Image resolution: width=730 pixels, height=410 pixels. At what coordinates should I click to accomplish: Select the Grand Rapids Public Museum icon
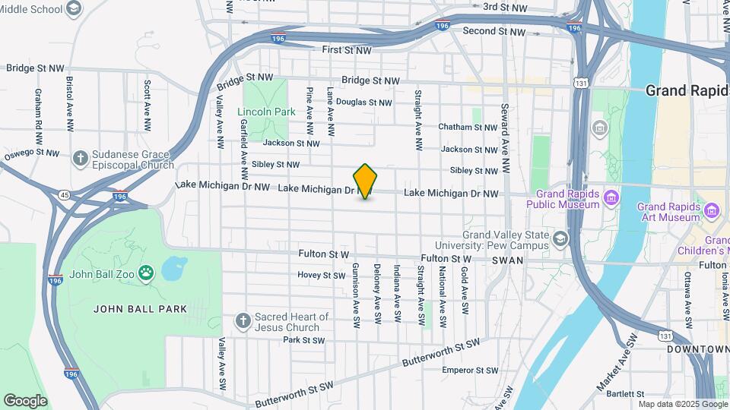tap(611, 199)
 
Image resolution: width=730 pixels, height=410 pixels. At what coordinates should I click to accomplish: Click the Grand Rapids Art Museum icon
tap(712, 210)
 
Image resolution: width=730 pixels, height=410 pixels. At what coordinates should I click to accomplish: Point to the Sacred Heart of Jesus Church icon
tap(243, 321)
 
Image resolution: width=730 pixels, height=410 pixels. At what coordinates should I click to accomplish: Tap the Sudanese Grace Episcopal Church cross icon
tap(80, 159)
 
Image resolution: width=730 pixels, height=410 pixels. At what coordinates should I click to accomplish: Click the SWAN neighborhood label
tap(508, 260)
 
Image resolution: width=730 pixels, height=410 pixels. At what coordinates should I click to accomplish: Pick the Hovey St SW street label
tap(321, 275)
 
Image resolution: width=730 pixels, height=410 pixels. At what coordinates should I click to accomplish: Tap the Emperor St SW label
tap(471, 371)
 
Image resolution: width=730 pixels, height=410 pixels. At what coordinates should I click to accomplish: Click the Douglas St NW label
tap(364, 102)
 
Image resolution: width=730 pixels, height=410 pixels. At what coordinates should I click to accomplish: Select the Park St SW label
tap(303, 339)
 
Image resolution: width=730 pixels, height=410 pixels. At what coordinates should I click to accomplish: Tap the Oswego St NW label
tap(31, 153)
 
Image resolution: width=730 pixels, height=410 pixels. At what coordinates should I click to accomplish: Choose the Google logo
tap(25, 401)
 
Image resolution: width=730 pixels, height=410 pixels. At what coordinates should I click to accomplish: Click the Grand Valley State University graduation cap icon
tap(560, 239)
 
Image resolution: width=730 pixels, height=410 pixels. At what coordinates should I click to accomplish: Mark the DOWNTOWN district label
tap(697, 349)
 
